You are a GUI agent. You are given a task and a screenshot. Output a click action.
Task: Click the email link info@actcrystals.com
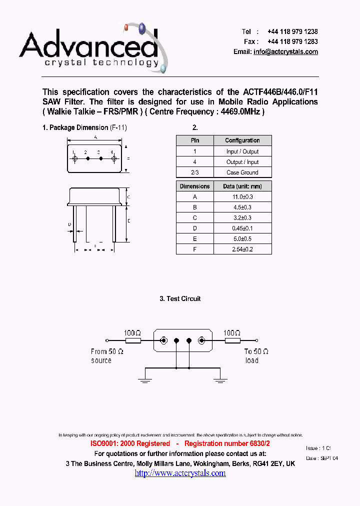[285, 52]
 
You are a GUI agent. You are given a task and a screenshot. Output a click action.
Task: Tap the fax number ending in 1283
[292, 41]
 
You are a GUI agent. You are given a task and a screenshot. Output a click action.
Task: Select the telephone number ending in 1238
[292, 31]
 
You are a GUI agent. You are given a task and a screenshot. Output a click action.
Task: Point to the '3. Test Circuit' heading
[180, 298]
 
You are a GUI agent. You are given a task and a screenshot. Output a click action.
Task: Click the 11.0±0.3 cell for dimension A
[242, 197]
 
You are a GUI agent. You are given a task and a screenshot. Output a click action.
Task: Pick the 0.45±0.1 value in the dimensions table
[242, 228]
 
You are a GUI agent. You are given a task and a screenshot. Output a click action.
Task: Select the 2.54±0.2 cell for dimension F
[242, 249]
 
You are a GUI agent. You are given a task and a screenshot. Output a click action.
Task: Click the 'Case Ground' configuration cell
[242, 172]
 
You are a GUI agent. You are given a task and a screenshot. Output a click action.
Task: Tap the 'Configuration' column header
[242, 140]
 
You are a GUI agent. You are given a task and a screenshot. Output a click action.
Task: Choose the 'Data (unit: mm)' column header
[242, 186]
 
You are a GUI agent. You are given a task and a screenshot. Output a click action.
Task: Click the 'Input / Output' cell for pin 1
[242, 151]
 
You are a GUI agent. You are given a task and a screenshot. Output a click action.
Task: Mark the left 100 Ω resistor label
[132, 332]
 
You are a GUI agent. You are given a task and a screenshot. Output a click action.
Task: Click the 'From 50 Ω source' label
[107, 355]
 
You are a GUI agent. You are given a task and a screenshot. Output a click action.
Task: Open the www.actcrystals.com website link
[180, 473]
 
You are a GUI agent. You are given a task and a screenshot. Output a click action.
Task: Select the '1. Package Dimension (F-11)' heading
[84, 127]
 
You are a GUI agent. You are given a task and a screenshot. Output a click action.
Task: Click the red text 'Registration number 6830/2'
[227, 443]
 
